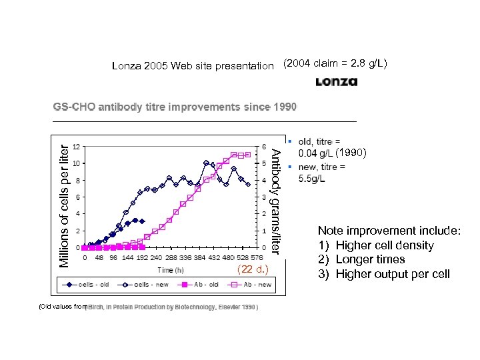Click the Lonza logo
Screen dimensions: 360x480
click(337, 82)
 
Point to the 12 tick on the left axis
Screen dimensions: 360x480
click(78, 146)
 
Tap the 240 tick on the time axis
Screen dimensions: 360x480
click(155, 257)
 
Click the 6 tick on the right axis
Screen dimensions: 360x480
click(264, 146)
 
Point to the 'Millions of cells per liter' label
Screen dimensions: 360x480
click(63, 200)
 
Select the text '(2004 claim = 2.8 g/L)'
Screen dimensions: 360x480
click(336, 64)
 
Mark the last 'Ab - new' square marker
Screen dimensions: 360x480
click(248, 155)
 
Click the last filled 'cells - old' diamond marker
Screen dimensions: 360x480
click(142, 221)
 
